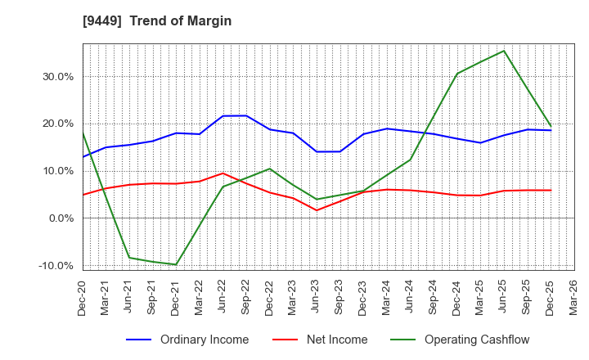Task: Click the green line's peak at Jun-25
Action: tap(504, 51)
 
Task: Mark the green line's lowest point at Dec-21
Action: tap(176, 264)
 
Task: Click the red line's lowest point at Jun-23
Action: tap(317, 210)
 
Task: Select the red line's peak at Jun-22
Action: tap(223, 173)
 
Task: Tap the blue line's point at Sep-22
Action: tap(246, 115)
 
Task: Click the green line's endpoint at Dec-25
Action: tap(551, 126)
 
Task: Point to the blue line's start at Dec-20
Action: tap(83, 157)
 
